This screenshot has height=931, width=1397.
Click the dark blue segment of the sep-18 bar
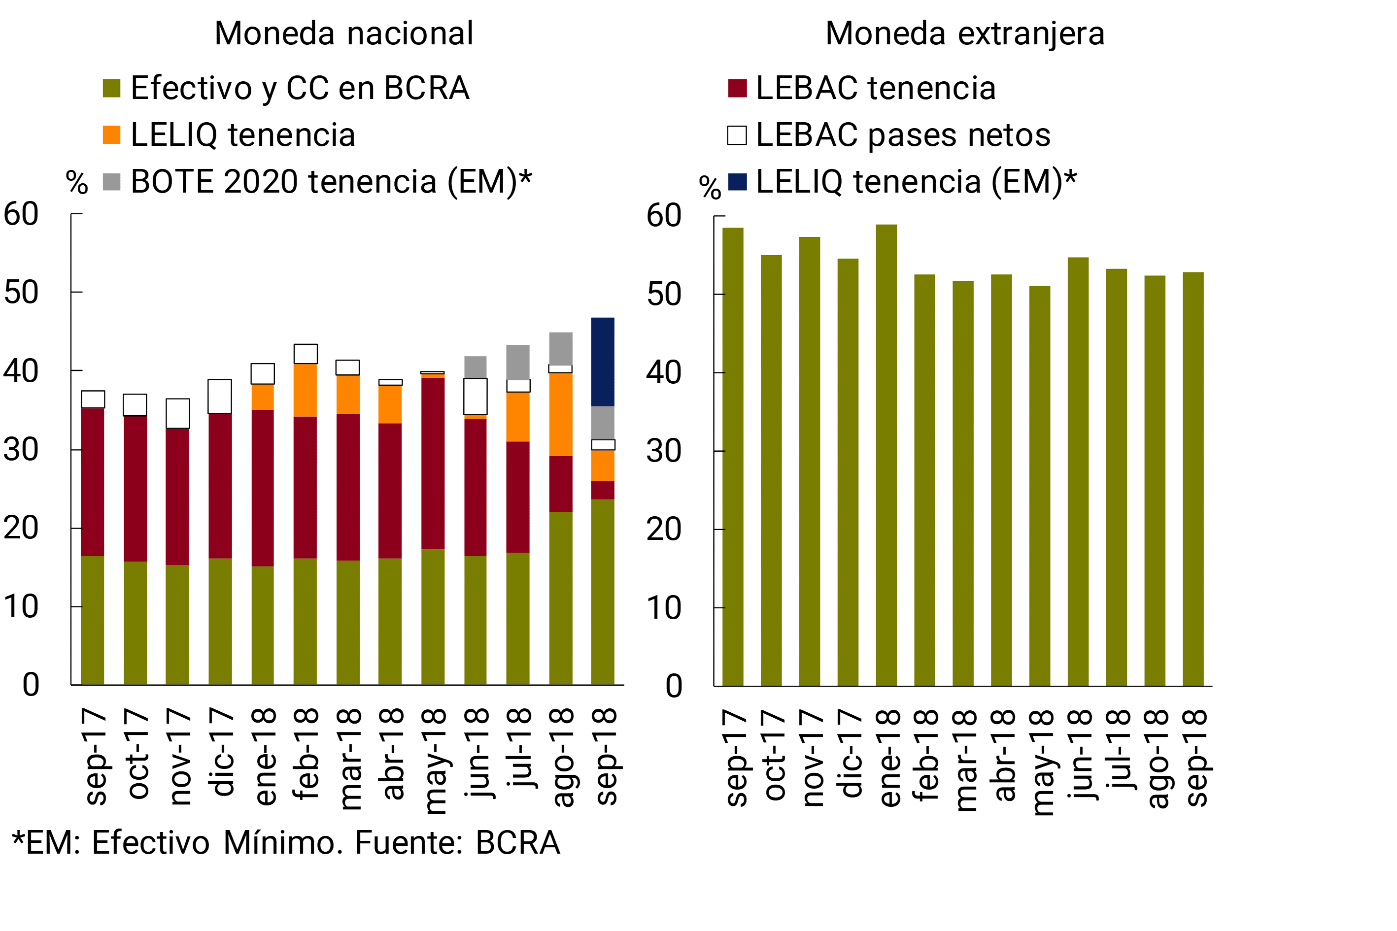pos(602,362)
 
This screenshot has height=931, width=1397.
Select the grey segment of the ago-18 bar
pos(560,349)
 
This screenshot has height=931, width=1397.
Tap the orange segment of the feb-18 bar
pos(306,390)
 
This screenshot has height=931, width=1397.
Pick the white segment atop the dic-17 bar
pos(220,396)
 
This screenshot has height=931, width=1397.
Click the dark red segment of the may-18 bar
pos(433,463)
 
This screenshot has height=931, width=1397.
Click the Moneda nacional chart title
pos(344,33)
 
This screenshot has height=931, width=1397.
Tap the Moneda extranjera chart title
pos(965,33)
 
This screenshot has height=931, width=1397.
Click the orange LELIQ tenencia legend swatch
pos(112,135)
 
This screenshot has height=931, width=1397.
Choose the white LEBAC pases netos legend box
pos(737,135)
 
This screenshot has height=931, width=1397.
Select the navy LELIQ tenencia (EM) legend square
pos(737,182)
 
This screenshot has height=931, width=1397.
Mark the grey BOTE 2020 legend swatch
pos(112,182)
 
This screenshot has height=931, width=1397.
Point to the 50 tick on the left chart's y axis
pos(21,292)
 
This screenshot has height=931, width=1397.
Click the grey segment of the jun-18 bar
pos(475,367)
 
